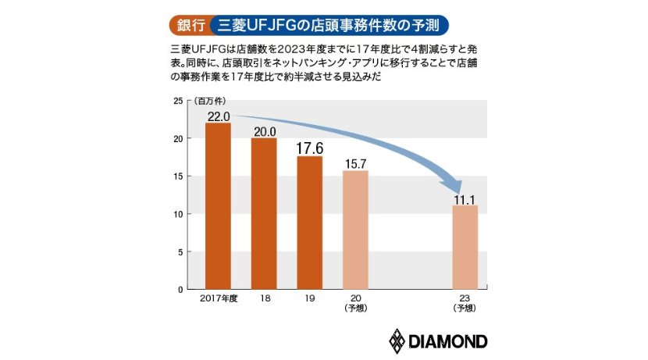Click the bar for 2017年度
click(x=219, y=206)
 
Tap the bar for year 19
click(x=310, y=223)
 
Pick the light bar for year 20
click(x=355, y=230)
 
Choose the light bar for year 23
click(x=465, y=247)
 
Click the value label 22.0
click(x=218, y=116)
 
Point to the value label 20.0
click(x=264, y=131)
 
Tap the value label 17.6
click(x=310, y=149)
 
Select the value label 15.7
click(x=355, y=164)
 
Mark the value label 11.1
click(x=465, y=199)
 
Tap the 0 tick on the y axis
click(x=180, y=290)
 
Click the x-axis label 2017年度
click(x=218, y=299)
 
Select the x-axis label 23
click(x=465, y=299)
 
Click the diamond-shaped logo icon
click(x=398, y=341)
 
